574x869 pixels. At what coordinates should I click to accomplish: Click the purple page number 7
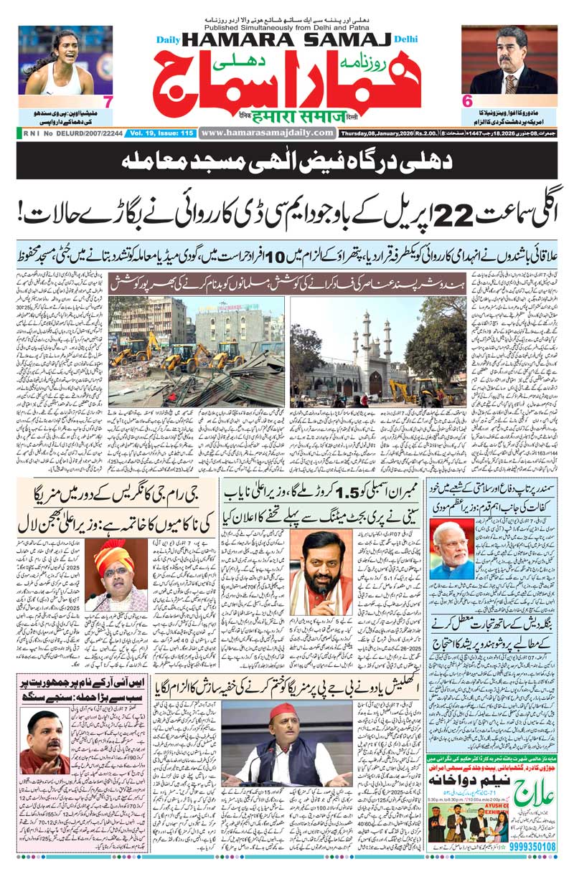pyautogui.click(x=108, y=101)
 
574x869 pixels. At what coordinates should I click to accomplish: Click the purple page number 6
pyautogui.click(x=467, y=101)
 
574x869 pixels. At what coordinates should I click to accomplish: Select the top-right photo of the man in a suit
pyautogui.click(x=509, y=60)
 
